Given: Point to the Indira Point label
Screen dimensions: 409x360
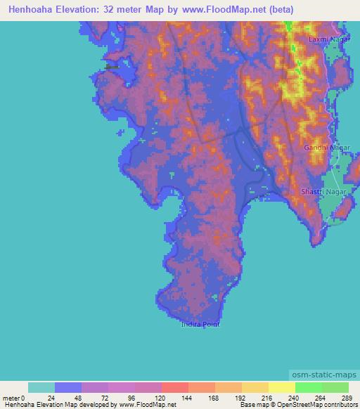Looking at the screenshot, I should pyautogui.click(x=200, y=324).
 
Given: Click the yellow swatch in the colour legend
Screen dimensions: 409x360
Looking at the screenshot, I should pyautogui.click(x=282, y=387).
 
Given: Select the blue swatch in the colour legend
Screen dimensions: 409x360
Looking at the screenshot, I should pyautogui.click(x=68, y=387).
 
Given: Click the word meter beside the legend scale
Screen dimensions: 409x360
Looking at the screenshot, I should pyautogui.click(x=11, y=397).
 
